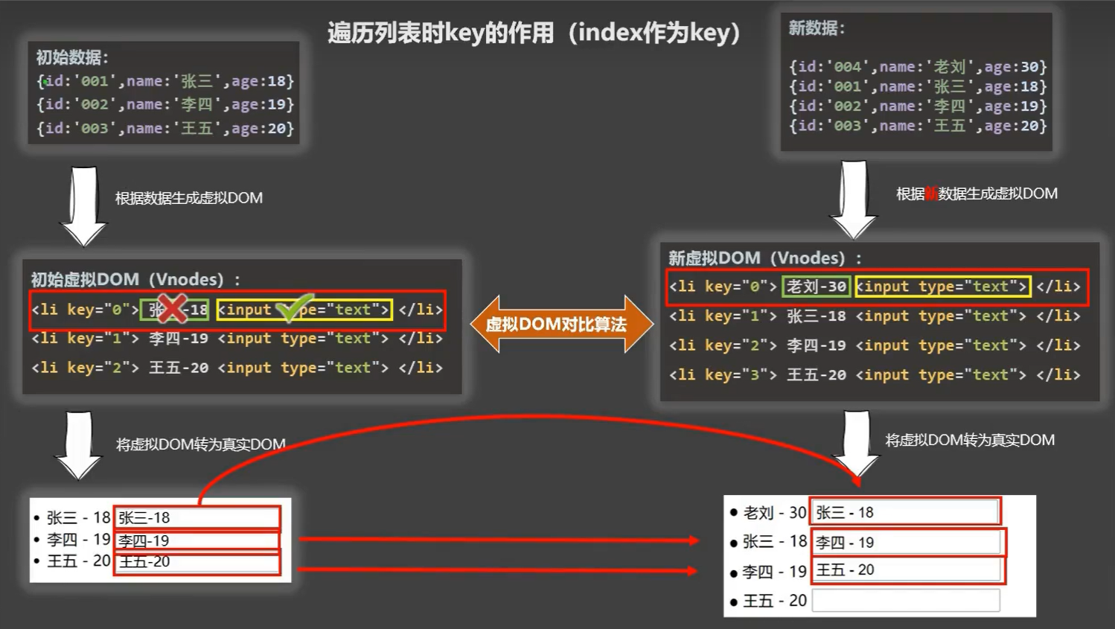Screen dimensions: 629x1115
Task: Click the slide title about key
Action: tap(534, 33)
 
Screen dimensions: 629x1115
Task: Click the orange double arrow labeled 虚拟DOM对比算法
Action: tap(557, 324)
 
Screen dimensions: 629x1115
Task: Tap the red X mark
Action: tap(173, 308)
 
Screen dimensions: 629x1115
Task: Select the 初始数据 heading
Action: tap(72, 57)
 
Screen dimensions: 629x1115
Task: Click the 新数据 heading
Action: tap(817, 28)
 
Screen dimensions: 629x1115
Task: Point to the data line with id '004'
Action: tap(917, 67)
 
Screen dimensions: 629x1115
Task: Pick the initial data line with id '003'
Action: tap(165, 128)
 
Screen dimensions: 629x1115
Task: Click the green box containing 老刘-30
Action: tap(816, 287)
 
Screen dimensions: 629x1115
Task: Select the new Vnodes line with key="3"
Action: tap(874, 374)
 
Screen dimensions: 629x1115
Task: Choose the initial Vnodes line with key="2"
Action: tap(237, 368)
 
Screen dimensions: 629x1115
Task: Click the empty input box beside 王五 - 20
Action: tap(905, 601)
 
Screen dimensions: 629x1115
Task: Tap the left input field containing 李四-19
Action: tap(197, 540)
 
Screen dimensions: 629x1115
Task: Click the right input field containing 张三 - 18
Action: tap(905, 512)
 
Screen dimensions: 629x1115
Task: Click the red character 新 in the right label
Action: tap(930, 194)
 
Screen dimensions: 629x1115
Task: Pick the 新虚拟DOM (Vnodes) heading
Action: tap(764, 258)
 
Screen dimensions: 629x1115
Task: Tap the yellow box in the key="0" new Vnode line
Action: tap(942, 287)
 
